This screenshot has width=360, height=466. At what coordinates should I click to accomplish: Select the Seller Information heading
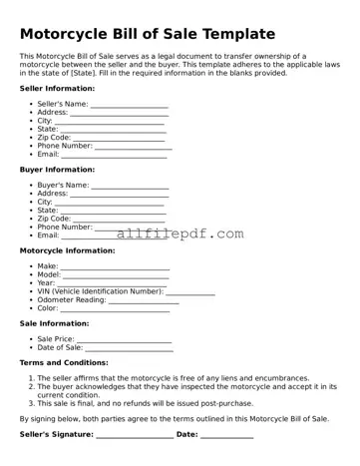pyautogui.click(x=57, y=88)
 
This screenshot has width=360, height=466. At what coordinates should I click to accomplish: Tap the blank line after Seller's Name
pyautogui.click(x=130, y=105)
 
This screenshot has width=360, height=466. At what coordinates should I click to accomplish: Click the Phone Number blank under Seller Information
pyautogui.click(x=134, y=147)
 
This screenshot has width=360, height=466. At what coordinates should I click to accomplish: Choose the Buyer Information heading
pyautogui.click(x=57, y=169)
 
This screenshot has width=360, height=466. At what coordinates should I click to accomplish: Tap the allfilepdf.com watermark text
pyautogui.click(x=180, y=234)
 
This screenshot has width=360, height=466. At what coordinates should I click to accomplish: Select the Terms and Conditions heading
pyautogui.click(x=64, y=363)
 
